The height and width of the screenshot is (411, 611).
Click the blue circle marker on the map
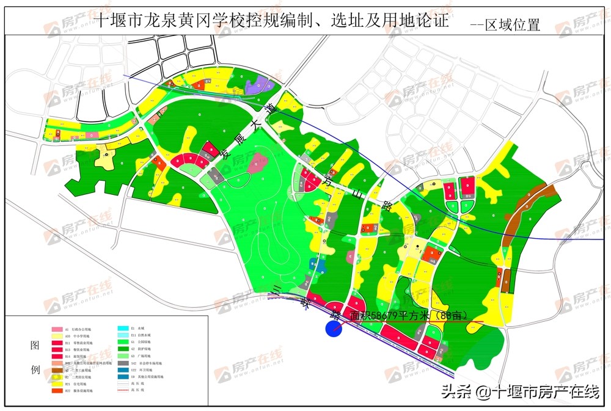point(334,329)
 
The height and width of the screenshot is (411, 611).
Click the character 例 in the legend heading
point(35,370)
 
